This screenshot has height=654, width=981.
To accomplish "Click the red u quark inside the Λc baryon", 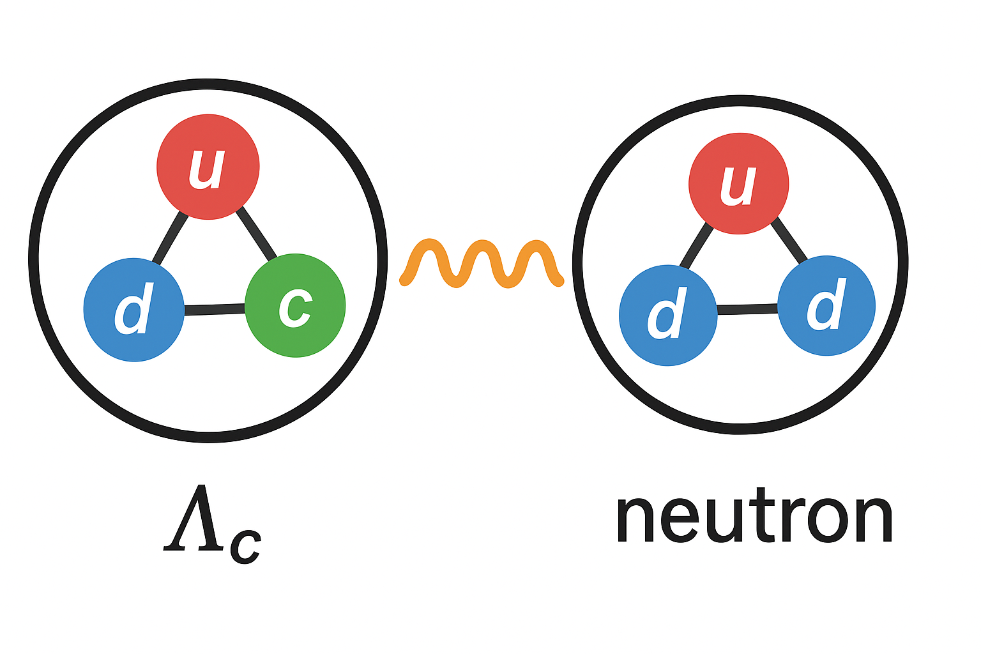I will [x=208, y=167].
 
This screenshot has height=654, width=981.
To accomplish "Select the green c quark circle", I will [x=295, y=305].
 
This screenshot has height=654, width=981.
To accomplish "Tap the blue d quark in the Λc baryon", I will [x=134, y=310].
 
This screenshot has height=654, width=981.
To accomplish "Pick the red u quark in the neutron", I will [x=738, y=184].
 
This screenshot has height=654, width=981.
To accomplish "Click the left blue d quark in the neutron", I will [x=668, y=316].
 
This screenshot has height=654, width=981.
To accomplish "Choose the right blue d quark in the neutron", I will [x=826, y=306].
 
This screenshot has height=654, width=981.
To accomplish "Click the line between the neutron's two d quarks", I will [x=747, y=310].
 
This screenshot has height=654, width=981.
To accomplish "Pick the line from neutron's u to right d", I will [x=789, y=241].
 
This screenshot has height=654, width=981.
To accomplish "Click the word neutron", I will [x=754, y=517].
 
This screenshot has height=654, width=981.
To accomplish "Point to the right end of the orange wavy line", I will [x=559, y=280].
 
